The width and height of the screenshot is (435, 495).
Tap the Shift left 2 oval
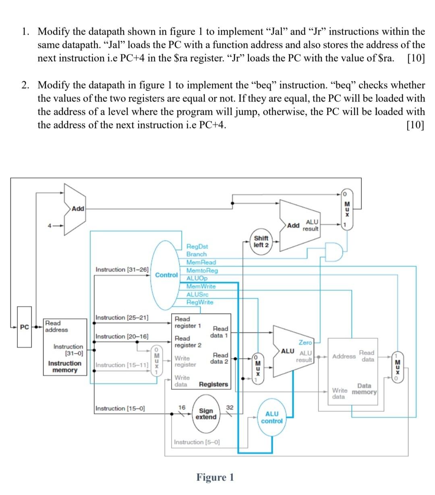click(x=261, y=242)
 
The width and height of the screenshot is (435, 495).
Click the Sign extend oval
click(x=206, y=414)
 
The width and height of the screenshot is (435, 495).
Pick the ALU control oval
click(x=272, y=417)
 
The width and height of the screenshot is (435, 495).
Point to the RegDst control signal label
click(x=197, y=246)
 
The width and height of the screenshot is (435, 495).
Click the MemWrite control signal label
click(x=201, y=286)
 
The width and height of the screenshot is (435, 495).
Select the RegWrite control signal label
click(x=200, y=302)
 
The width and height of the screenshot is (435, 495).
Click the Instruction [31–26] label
click(x=122, y=269)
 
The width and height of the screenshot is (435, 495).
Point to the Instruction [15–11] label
click(x=122, y=365)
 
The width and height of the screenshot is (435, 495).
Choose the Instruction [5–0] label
click(x=197, y=442)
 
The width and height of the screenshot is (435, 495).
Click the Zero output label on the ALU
click(x=305, y=342)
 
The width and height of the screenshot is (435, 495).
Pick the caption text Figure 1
click(x=215, y=477)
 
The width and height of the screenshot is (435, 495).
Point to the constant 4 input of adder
click(x=50, y=226)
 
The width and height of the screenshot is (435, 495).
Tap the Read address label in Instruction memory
click(x=56, y=326)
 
